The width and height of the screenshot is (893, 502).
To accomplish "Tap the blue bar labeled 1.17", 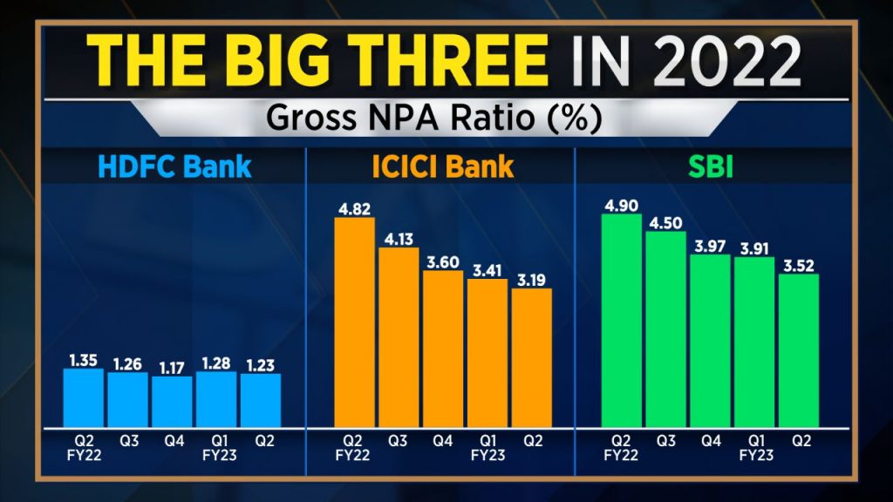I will coord(172,400).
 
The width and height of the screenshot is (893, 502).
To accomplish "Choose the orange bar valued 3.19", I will coord(531,356).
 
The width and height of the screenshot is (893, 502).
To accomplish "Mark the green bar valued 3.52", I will coord(799,349).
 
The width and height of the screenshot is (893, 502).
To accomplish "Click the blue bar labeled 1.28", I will coord(216,397).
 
